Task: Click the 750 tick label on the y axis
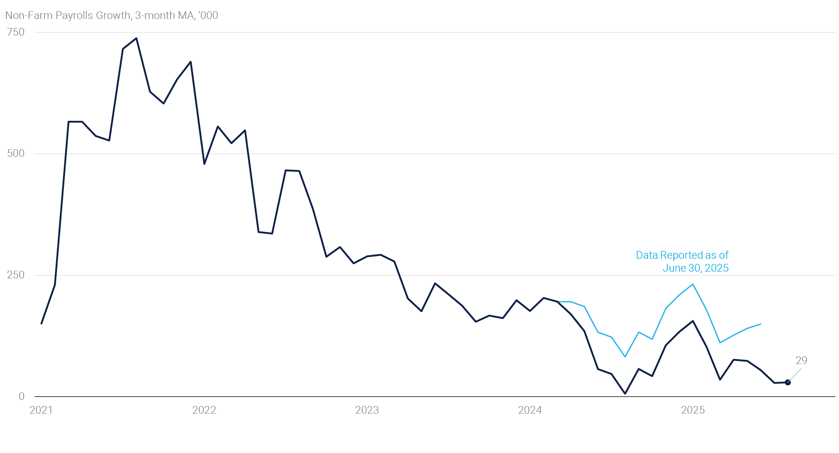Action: coord(16,32)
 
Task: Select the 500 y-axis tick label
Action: coord(16,153)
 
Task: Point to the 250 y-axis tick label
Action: coord(16,275)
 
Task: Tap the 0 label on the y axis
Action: coord(22,397)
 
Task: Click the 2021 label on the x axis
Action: coord(41,410)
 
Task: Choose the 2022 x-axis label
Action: coord(204,410)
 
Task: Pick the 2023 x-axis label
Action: coord(367,410)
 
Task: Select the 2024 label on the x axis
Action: coord(530,410)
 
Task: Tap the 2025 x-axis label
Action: coord(693,410)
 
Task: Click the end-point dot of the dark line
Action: coord(788,383)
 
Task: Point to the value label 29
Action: coord(801,361)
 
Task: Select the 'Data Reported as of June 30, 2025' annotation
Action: coord(682,261)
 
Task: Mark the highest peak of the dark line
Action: coord(136,38)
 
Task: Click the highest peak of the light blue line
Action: coord(693,284)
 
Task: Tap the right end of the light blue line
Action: coord(761,324)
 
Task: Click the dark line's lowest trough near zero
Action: coord(625,394)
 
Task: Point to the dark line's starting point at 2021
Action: coord(41,323)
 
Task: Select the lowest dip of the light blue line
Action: coord(625,357)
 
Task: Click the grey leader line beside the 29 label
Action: coord(795,375)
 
